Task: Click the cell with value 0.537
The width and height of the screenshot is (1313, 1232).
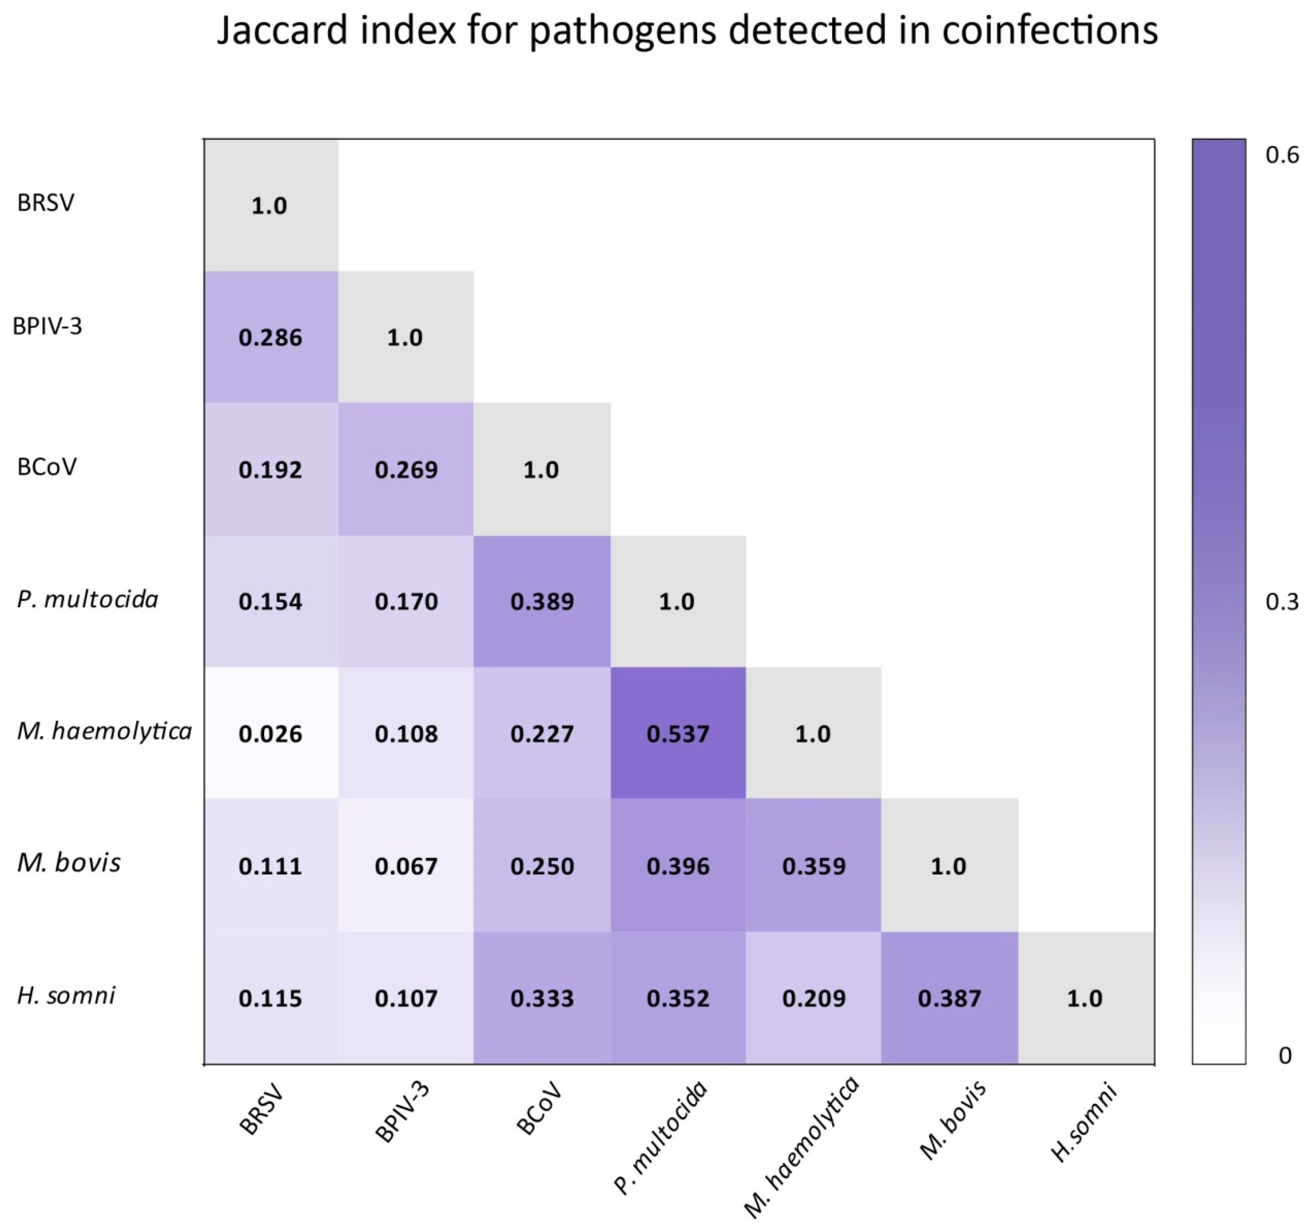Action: pos(678,734)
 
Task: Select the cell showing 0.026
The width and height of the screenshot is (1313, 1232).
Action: pos(270,734)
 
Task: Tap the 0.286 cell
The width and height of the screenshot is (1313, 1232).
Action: pos(270,337)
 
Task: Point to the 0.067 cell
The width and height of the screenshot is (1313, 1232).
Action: pos(406,865)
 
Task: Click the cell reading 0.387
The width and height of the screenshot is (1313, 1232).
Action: pos(949,998)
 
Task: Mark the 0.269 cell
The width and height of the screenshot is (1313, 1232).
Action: pos(406,469)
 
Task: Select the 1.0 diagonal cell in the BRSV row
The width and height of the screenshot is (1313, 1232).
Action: pos(269,205)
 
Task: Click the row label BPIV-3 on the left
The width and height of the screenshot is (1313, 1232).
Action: pos(48,326)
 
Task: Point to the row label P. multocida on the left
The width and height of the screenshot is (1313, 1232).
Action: pos(88,599)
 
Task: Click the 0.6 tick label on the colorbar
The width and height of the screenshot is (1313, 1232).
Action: pos(1281,155)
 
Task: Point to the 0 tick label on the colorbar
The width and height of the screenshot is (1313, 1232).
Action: pos(1285,1056)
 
